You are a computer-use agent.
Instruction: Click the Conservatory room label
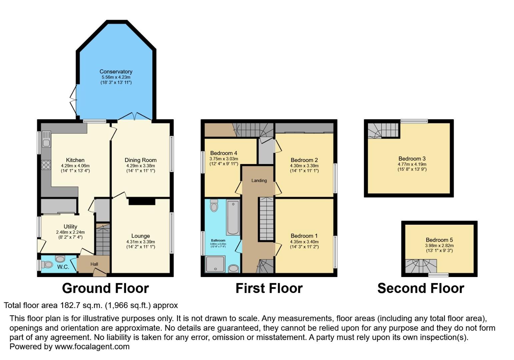pyautogui.click(x=116, y=71)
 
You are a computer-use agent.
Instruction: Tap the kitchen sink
pyautogui.click(x=46, y=143)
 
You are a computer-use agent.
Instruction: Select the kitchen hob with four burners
pyautogui.click(x=46, y=165)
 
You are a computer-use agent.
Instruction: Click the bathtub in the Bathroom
pyautogui.click(x=233, y=217)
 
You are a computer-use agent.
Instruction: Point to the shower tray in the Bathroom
pyautogui.click(x=215, y=264)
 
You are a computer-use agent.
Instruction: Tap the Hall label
pyautogui.click(x=94, y=264)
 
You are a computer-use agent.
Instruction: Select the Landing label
pyautogui.click(x=259, y=180)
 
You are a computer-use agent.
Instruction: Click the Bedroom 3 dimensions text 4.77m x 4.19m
pyautogui.click(x=412, y=164)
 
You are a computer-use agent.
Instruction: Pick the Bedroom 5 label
pyautogui.click(x=439, y=240)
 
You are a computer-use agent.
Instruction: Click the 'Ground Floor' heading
pyautogui.click(x=105, y=288)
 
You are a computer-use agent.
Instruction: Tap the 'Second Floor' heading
pyautogui.click(x=421, y=288)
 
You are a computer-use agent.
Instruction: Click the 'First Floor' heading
pyautogui.click(x=269, y=288)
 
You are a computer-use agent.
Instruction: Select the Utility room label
pyautogui.click(x=70, y=227)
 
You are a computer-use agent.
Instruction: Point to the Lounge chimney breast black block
pyautogui.click(x=142, y=201)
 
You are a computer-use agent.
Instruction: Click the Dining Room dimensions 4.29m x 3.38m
pyautogui.click(x=140, y=166)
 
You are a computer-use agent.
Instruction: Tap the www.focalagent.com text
pyautogui.click(x=92, y=346)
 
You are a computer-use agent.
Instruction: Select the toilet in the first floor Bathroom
pyautogui.click(x=214, y=206)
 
